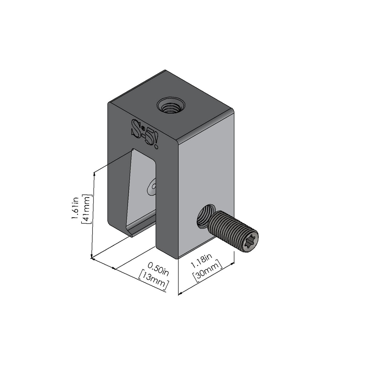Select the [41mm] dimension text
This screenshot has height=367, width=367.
coord(87,209)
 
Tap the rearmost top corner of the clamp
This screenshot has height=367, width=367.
coord(165,70)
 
